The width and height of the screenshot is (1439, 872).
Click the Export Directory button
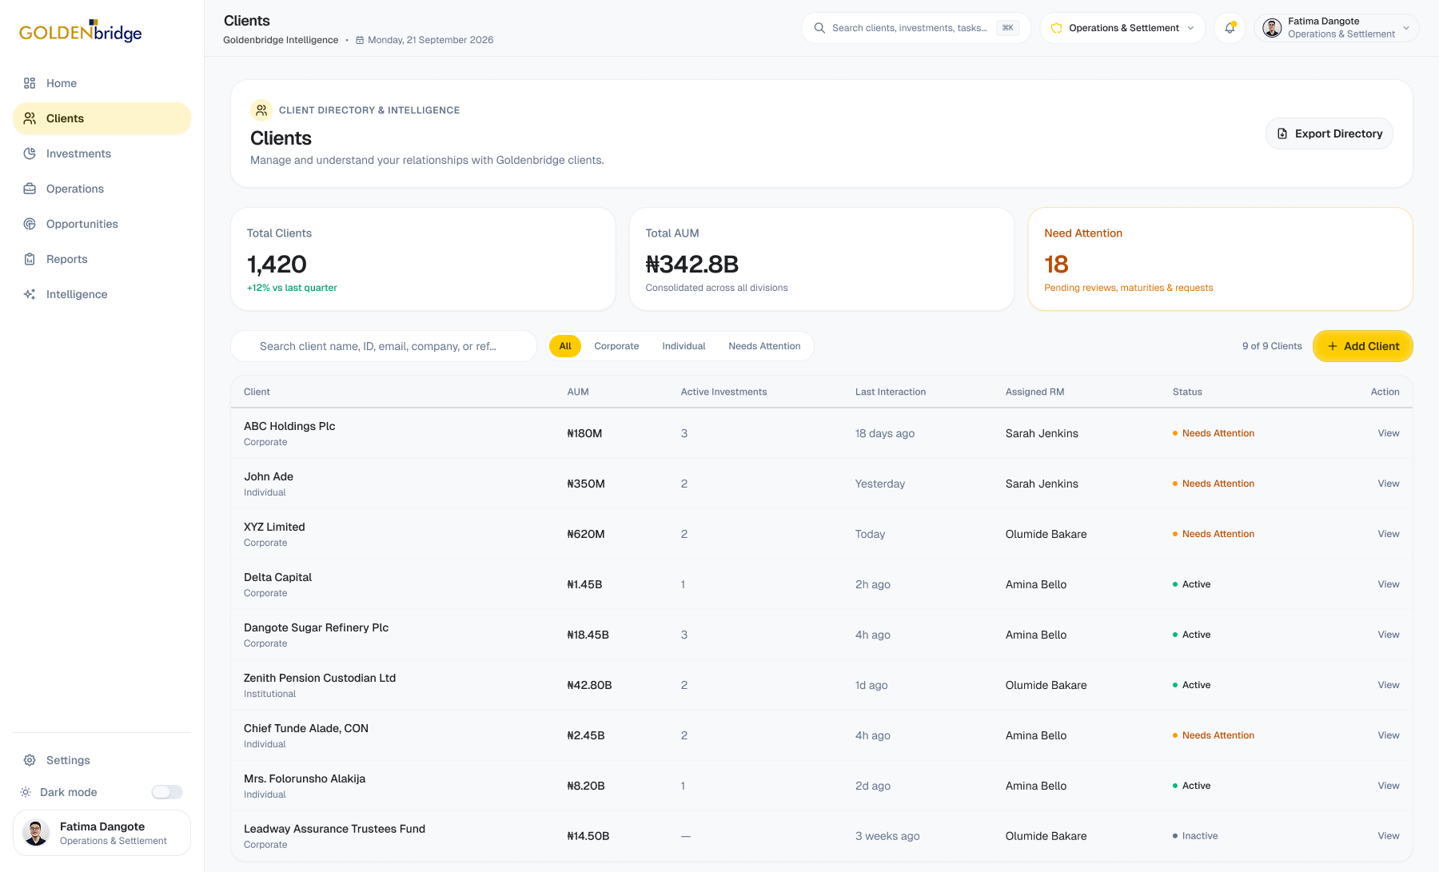[1329, 133]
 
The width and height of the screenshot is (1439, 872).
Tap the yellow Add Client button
[1363, 346]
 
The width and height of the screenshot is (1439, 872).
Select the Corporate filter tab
[616, 346]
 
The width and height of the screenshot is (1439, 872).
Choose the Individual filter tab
[684, 346]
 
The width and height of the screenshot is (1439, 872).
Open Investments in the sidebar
[78, 153]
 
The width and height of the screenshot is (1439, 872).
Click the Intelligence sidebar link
[77, 294]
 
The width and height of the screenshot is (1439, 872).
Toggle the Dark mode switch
[167, 792]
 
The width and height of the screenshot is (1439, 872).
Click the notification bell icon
[1230, 28]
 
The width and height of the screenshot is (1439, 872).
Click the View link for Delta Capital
[1389, 584]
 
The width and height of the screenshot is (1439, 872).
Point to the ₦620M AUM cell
[586, 534]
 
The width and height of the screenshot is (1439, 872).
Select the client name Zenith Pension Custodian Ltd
[320, 678]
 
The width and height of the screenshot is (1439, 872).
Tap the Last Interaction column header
[891, 392]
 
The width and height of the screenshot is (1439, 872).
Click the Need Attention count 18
[1056, 265]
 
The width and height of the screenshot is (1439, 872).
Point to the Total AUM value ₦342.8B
[692, 265]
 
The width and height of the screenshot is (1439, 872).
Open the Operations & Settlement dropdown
[1122, 28]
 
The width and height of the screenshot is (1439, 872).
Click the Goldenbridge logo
[81, 31]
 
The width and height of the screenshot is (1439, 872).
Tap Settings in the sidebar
[68, 760]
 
